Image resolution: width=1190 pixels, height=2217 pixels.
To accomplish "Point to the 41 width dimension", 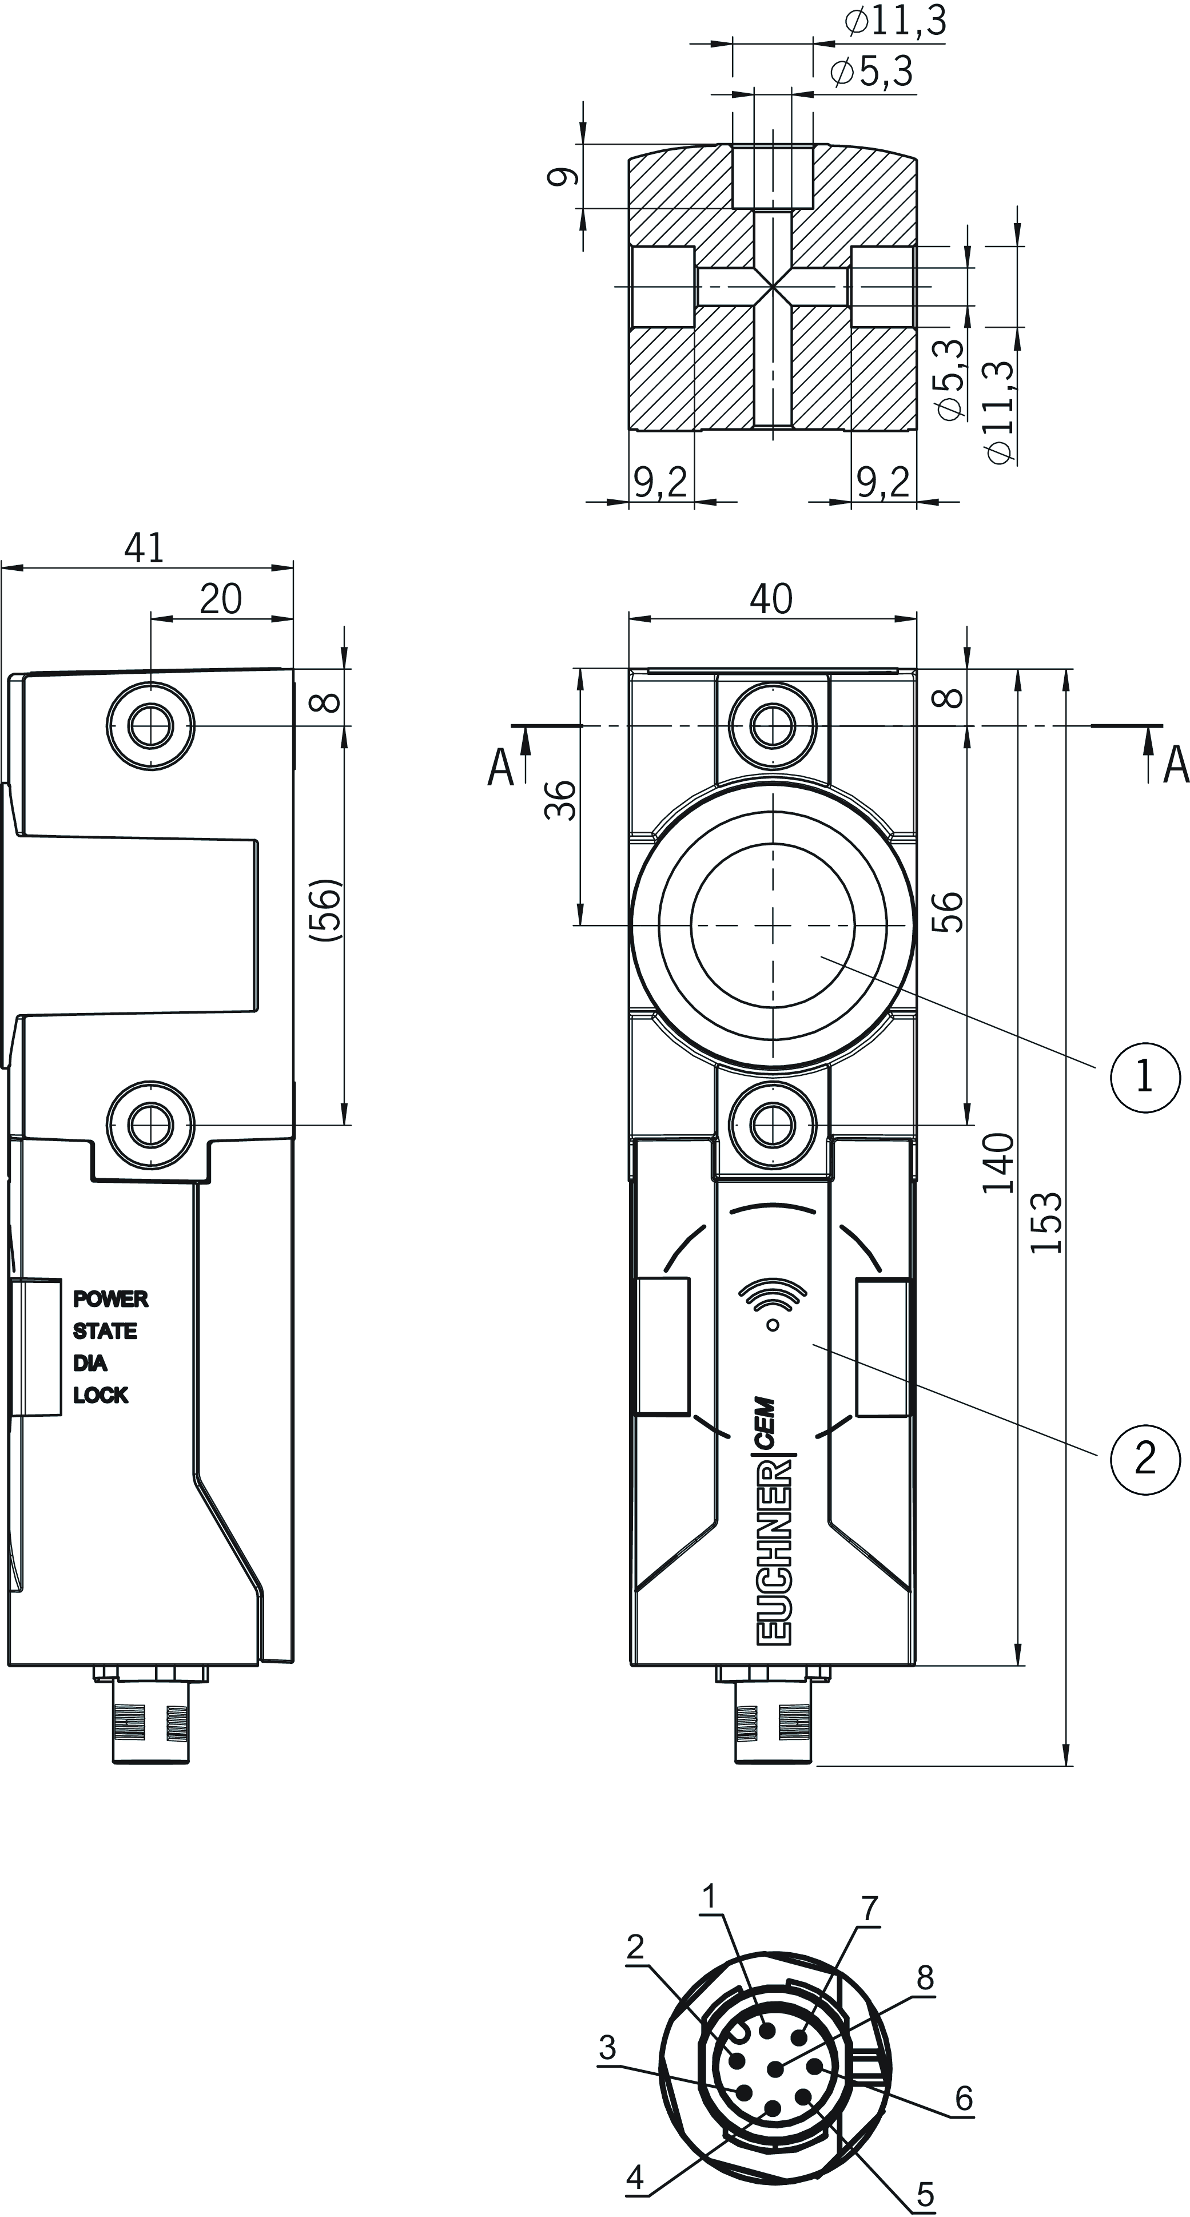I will (x=144, y=547).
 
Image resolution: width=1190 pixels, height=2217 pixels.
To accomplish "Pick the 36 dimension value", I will (x=563, y=800).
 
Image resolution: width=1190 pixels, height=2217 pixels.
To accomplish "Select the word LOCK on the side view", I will (x=101, y=1395).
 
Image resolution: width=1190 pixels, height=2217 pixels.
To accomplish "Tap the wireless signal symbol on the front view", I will (x=773, y=1306).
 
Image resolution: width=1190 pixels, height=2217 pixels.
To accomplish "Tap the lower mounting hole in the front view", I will (x=772, y=1123).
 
